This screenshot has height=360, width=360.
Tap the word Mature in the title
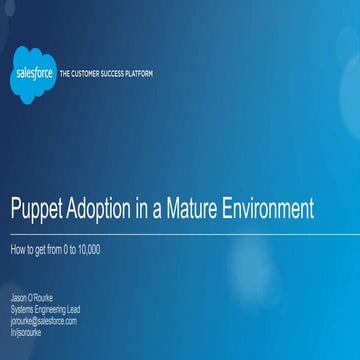[x=194, y=210]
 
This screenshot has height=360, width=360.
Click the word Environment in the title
[x=270, y=210]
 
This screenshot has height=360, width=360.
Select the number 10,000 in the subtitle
[x=87, y=247]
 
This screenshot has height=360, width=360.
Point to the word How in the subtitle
[x=17, y=247]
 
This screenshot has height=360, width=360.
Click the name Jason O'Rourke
[x=32, y=299]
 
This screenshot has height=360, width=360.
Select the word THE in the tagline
[x=65, y=74]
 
